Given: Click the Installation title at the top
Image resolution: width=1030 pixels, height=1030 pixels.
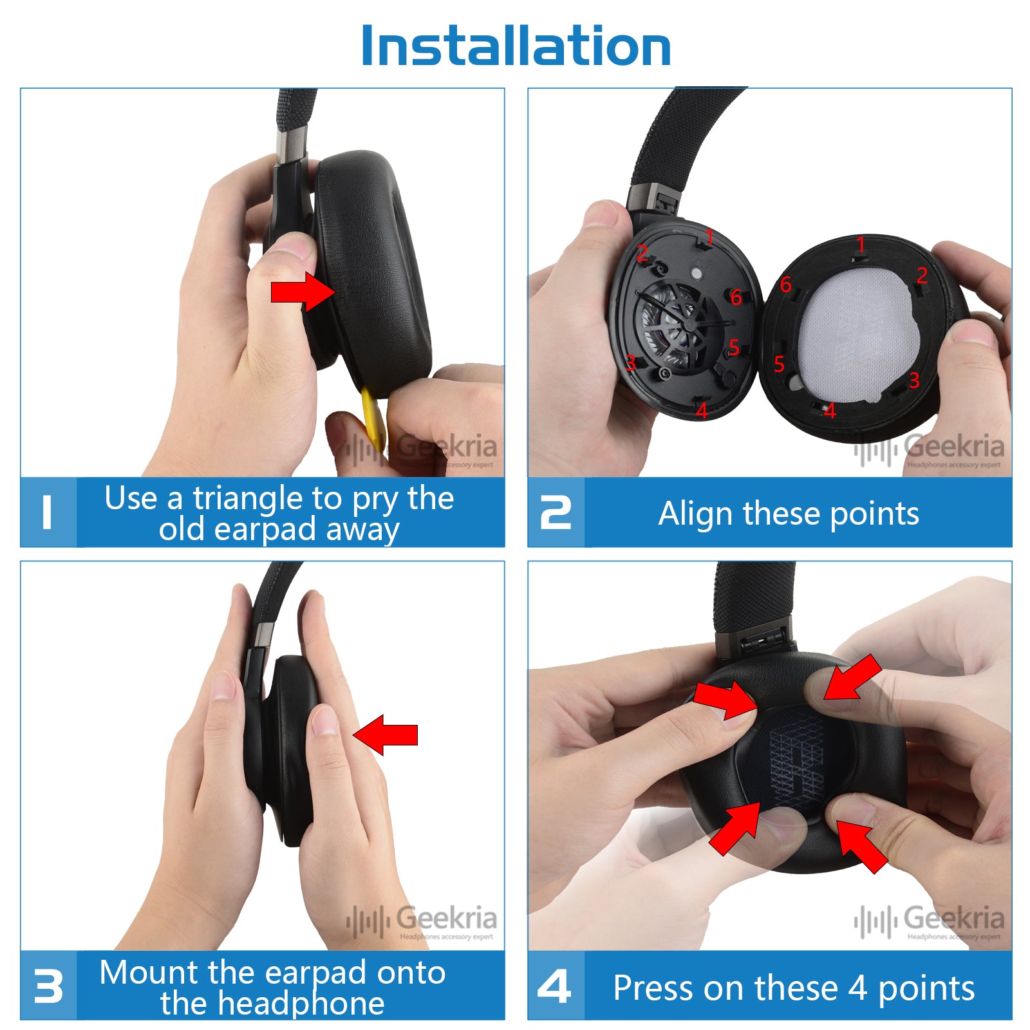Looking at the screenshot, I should (516, 46).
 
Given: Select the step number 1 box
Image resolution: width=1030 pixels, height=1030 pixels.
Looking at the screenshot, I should (48, 512).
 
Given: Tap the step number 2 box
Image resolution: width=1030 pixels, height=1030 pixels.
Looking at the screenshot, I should (556, 512).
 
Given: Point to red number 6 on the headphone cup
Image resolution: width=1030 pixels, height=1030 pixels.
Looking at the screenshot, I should (736, 297).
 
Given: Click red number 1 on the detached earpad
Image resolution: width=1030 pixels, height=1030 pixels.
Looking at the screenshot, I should (861, 245).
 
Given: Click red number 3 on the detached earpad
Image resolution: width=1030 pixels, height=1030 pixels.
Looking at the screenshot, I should (914, 380).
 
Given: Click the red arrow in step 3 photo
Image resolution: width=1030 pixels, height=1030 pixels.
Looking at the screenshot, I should (386, 735).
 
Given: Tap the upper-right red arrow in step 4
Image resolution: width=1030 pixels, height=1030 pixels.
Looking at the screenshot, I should (853, 679).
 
